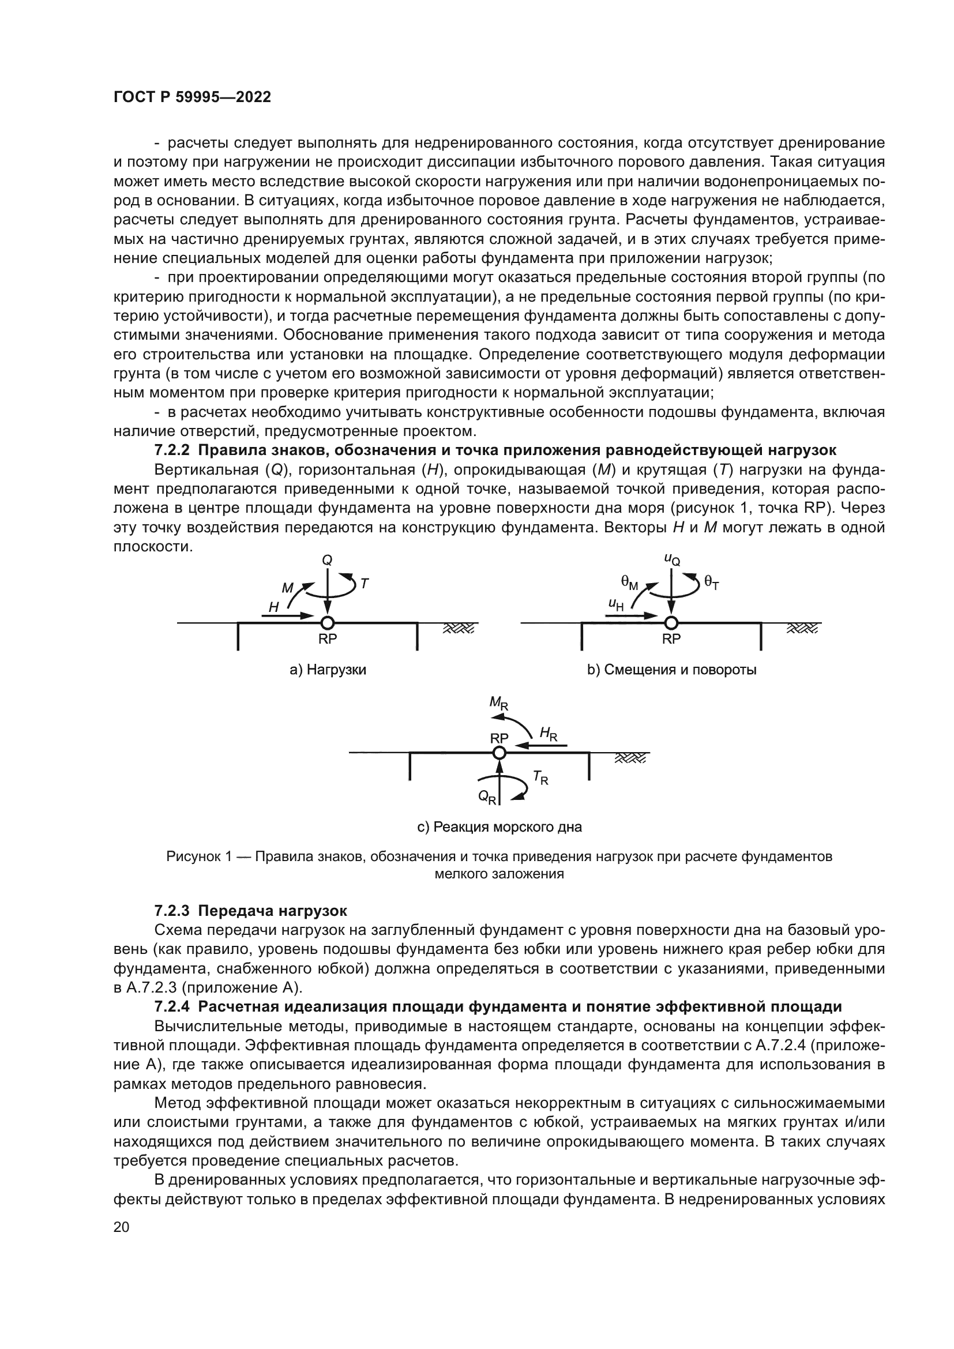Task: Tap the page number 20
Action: click(x=121, y=1227)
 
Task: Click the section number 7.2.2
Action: click(x=172, y=450)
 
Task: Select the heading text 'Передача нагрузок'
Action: click(x=273, y=911)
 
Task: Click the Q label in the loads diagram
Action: click(x=327, y=561)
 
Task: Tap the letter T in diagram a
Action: click(x=364, y=584)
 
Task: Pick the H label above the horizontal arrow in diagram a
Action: click(x=274, y=607)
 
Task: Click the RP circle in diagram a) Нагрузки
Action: click(x=327, y=623)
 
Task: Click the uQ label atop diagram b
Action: click(x=672, y=559)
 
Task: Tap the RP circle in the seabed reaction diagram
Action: click(x=499, y=753)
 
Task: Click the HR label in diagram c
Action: click(x=548, y=733)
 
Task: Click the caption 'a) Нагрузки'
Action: click(x=328, y=670)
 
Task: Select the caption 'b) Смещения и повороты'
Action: click(x=672, y=670)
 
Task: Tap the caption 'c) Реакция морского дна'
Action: click(x=499, y=827)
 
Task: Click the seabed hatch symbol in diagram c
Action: click(x=630, y=758)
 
